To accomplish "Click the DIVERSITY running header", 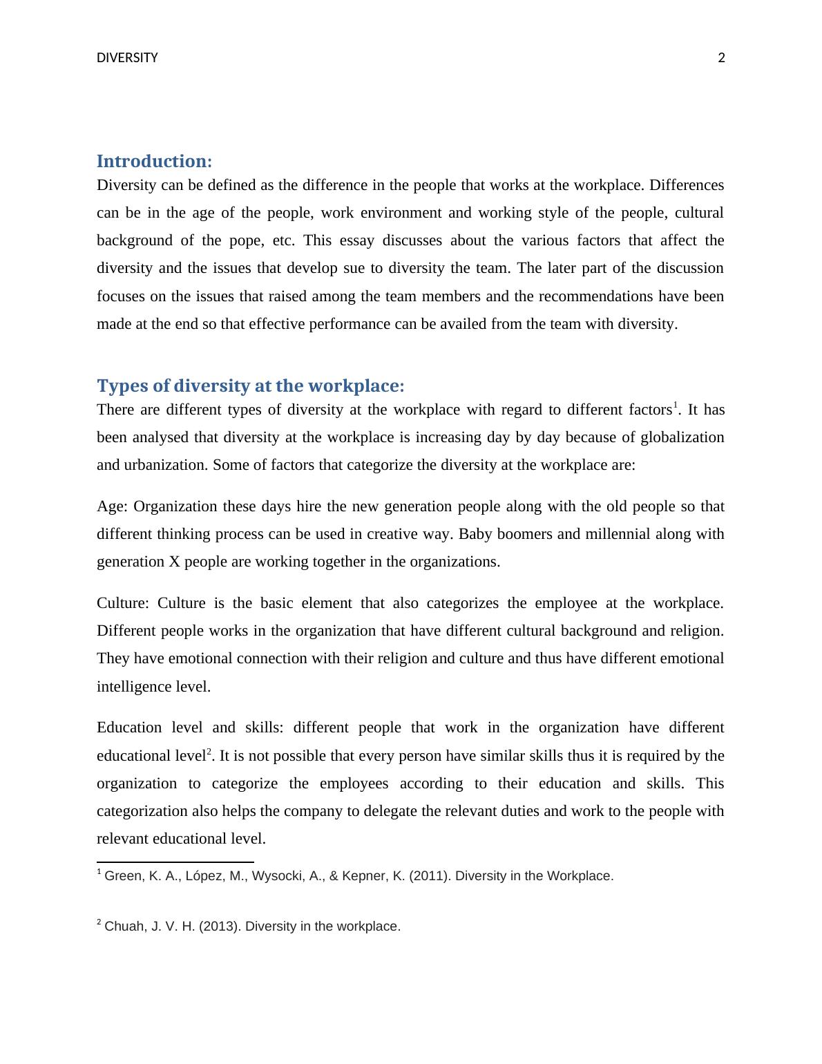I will [x=127, y=58].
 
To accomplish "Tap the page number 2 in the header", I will [x=722, y=58].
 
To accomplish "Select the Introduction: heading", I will [x=154, y=162].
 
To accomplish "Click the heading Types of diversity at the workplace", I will [x=250, y=386].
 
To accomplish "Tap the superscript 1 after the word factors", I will [x=676, y=405].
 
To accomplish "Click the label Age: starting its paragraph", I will [x=112, y=506].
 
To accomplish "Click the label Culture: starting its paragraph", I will [x=122, y=603].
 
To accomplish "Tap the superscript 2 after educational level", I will [x=209, y=751].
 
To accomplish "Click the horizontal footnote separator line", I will [x=175, y=862].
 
